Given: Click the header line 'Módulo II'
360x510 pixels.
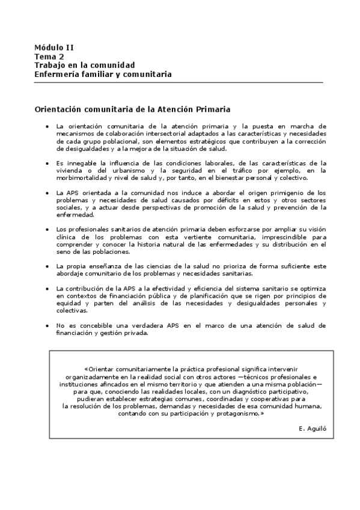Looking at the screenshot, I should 54,47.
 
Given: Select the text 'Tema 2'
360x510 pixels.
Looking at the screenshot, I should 49,56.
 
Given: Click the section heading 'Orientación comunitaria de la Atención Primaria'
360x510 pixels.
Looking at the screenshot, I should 133,109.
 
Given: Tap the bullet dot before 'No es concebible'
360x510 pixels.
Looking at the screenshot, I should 47,325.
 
